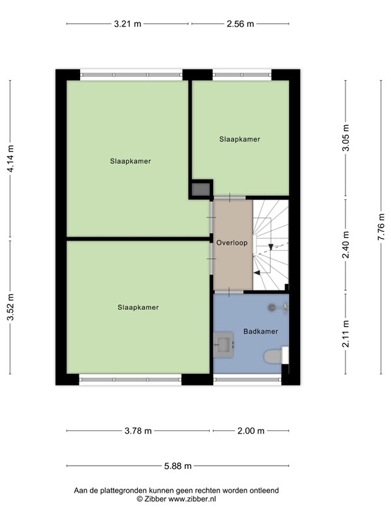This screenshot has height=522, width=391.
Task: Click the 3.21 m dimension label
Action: point(128,24)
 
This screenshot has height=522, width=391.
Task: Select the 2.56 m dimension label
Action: point(240,24)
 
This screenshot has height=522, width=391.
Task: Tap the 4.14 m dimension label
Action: point(10,160)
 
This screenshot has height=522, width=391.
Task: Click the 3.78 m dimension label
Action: point(138,430)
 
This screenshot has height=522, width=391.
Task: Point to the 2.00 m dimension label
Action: point(250,430)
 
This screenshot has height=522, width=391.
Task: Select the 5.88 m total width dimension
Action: point(178,466)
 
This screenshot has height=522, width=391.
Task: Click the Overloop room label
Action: point(232,242)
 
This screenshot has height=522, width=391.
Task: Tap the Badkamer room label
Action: point(261,332)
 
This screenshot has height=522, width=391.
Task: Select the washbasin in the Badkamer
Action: point(224,344)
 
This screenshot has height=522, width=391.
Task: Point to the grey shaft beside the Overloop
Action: point(200,190)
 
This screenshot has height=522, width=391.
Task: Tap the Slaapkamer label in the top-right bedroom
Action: point(240,139)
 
